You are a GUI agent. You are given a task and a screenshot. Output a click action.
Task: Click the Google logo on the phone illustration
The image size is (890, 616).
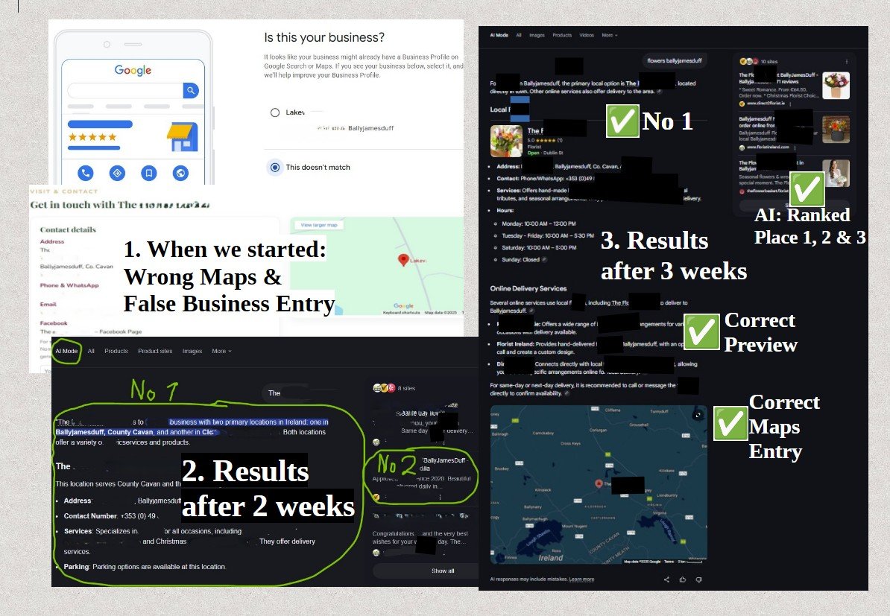click(133, 70)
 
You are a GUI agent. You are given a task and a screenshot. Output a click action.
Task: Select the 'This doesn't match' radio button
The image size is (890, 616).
click(275, 168)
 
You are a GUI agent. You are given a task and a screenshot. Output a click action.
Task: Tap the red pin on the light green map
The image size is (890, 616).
click(403, 260)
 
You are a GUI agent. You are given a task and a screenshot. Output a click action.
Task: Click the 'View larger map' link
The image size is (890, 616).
click(318, 225)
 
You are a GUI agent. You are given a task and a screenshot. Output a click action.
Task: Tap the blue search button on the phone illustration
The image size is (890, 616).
click(191, 91)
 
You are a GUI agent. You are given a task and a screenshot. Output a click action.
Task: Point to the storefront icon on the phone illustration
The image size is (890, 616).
click(182, 137)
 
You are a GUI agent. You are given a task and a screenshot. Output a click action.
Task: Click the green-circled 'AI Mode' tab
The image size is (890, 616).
click(66, 351)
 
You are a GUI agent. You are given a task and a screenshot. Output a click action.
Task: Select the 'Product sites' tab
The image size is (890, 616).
click(155, 351)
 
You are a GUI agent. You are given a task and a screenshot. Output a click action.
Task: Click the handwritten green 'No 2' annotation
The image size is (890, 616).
click(398, 464)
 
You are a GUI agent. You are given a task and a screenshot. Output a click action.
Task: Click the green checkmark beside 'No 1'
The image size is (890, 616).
click(622, 121)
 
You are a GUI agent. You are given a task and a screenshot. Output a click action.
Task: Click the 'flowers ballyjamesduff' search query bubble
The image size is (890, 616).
click(675, 61)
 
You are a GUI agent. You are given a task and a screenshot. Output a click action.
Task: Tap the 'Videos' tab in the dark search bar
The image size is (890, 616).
click(587, 35)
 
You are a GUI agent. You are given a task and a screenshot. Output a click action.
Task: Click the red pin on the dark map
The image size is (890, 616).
click(598, 483)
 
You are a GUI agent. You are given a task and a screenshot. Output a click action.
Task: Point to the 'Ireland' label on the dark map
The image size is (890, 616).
click(551, 556)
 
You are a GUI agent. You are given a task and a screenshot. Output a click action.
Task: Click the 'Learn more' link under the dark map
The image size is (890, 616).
click(581, 579)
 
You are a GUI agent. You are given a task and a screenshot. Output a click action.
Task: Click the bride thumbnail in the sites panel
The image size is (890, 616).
click(836, 173)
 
